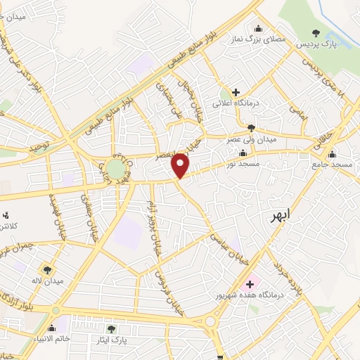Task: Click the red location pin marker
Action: pyautogui.click(x=181, y=166)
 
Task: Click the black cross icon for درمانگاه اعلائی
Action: pyautogui.click(x=236, y=92)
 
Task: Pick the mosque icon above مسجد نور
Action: pyautogui.click(x=243, y=152)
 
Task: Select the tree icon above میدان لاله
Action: pyautogui.click(x=48, y=269)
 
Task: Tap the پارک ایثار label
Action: pyautogui.click(x=111, y=341)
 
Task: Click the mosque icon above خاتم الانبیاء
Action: pyautogui.click(x=51, y=328)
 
